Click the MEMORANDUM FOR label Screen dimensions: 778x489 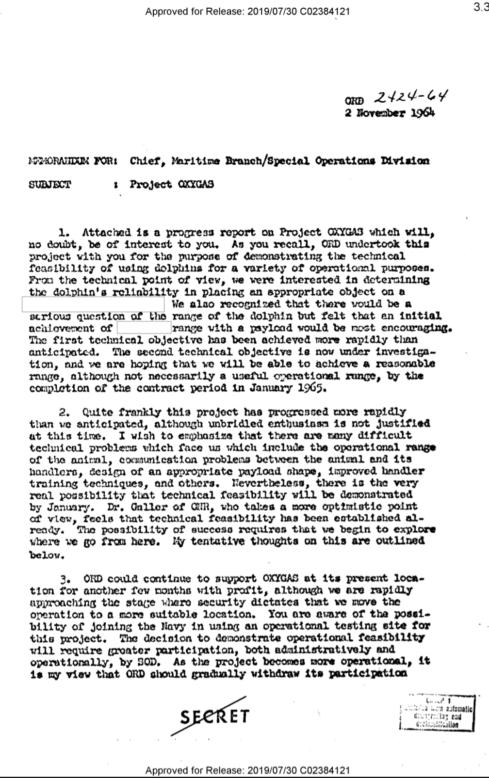(x=71, y=161)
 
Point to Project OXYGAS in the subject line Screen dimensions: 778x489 (x=172, y=185)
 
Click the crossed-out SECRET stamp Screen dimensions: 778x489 (x=214, y=715)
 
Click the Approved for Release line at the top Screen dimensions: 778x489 (x=247, y=11)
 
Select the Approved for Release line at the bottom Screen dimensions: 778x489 (x=247, y=770)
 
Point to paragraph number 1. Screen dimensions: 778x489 (x=66, y=233)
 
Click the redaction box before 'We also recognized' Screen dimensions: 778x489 (x=94, y=304)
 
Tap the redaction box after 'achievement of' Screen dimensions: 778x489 (x=144, y=328)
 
